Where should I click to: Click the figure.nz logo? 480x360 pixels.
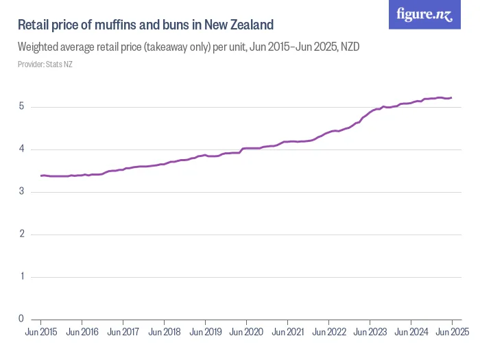point(425,15)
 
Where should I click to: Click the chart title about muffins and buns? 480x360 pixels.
point(145,25)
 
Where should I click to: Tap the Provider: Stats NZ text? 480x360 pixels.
point(45,64)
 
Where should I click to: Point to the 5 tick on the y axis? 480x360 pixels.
point(21,107)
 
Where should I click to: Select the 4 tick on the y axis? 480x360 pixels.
point(21,149)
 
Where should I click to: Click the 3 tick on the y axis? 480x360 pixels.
point(21,192)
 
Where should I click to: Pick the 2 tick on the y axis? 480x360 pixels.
point(21,235)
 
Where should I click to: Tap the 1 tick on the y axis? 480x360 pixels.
point(21,277)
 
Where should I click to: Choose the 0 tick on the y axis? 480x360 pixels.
point(21,319)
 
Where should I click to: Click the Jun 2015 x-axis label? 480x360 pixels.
point(40,333)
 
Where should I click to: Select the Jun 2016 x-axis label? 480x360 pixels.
point(82,333)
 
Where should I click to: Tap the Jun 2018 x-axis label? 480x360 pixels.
point(164,333)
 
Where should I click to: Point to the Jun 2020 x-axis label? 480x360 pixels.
point(246,333)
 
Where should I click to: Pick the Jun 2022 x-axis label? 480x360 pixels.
point(328,333)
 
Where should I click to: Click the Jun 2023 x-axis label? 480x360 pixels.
point(370,333)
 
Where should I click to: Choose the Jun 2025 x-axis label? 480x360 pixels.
point(451,333)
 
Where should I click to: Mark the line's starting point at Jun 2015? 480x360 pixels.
point(41,176)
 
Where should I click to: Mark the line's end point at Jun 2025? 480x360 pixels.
point(452,97)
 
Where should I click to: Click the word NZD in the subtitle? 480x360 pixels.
point(350,47)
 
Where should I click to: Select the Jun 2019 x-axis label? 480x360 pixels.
point(205,333)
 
